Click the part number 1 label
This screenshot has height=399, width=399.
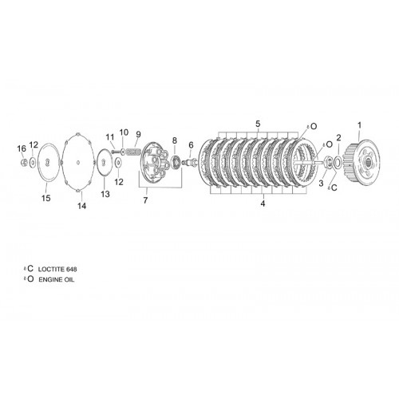point(359,125)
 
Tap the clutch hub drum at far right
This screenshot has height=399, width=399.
point(362,160)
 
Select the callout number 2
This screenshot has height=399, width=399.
point(338,138)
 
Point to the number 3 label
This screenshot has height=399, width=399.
point(321,184)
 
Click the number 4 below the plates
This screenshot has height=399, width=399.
point(263,203)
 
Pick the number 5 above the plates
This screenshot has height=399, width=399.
point(258,124)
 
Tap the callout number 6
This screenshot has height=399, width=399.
point(191,145)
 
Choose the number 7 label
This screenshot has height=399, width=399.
point(145,200)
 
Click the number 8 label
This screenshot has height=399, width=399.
point(175,140)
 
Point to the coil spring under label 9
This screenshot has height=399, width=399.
point(133,152)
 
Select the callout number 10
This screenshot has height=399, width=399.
point(124,132)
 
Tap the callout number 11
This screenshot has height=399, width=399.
point(110,137)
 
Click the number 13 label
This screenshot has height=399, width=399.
point(105,194)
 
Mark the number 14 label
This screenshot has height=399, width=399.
point(82,206)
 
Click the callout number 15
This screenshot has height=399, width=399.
point(45,198)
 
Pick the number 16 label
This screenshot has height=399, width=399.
point(22,148)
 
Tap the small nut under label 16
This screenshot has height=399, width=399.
point(24,161)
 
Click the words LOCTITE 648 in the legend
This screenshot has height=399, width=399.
point(57,269)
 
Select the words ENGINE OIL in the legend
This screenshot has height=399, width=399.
point(57,279)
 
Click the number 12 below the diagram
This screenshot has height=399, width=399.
point(119,182)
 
